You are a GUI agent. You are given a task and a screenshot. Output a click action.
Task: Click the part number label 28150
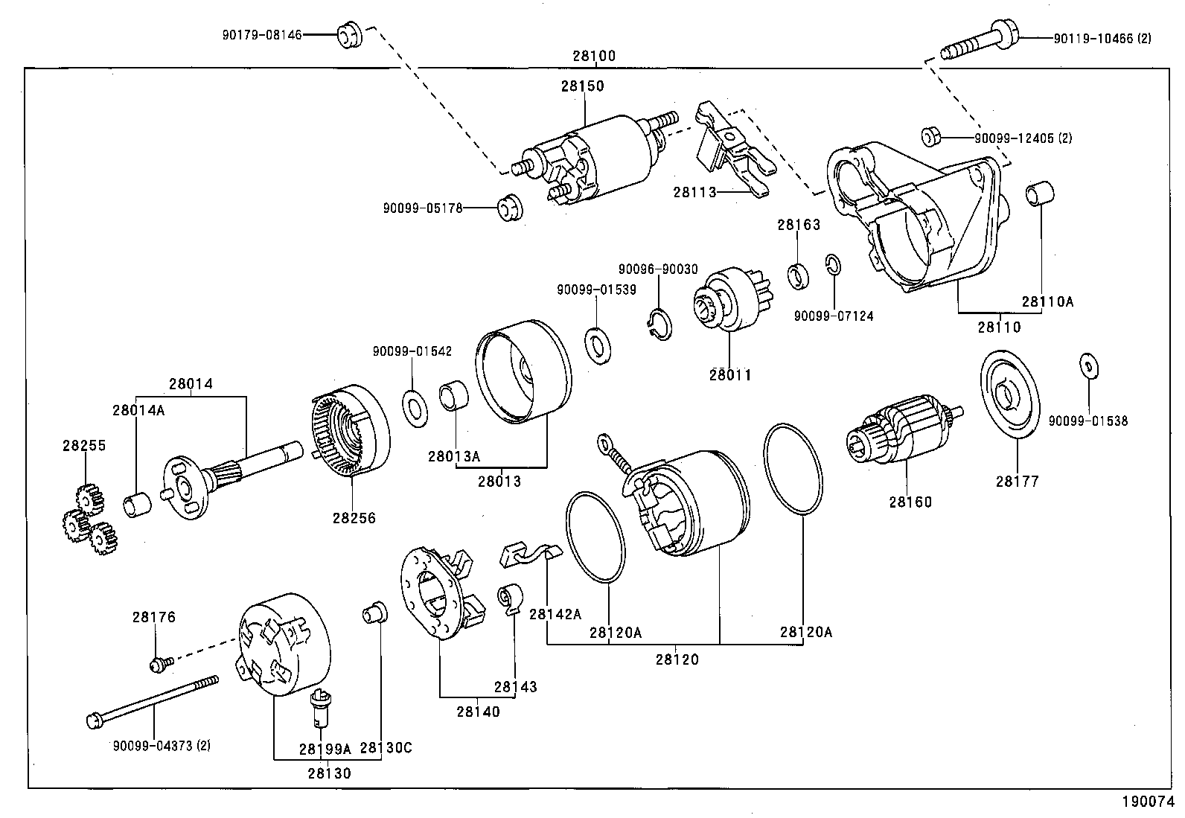(x=582, y=86)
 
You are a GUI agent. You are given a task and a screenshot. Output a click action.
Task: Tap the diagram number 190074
(x=1146, y=802)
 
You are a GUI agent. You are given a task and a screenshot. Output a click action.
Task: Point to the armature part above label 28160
(x=902, y=435)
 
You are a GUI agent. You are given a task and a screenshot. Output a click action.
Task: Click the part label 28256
(x=354, y=518)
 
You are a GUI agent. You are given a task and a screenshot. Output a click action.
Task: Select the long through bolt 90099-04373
(x=153, y=700)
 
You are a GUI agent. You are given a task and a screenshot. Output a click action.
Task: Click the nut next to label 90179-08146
(x=349, y=35)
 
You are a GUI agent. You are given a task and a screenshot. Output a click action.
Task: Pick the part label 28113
(x=694, y=192)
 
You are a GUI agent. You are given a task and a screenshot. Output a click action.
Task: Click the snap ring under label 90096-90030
(x=658, y=326)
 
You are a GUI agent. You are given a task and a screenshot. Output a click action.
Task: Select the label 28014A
(x=138, y=409)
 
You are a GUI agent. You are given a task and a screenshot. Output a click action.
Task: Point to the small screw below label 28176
(x=161, y=662)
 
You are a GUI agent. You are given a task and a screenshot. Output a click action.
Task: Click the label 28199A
(x=325, y=748)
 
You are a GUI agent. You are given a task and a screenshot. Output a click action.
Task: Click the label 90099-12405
(x=1023, y=138)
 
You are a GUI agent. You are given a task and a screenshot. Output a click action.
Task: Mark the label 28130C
(x=386, y=748)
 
